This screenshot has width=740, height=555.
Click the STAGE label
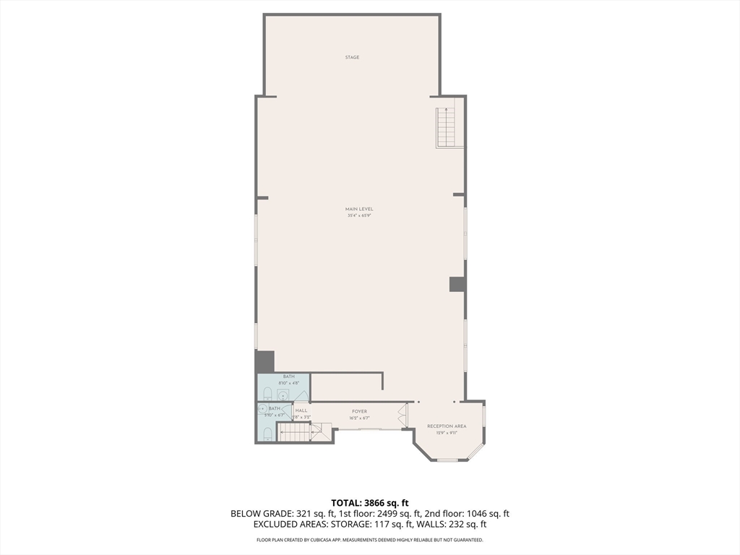[352, 57]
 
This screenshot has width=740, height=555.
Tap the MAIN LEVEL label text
[359, 209]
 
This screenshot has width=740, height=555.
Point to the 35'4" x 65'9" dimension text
[359, 215]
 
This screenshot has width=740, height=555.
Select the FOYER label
[359, 411]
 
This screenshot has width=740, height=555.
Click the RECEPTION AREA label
[447, 426]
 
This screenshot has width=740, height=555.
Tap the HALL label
[301, 410]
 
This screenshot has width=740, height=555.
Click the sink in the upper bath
[282, 395]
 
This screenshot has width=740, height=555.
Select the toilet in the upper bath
[267, 394]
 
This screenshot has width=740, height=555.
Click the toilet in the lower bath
[267, 434]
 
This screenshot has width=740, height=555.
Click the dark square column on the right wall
[457, 284]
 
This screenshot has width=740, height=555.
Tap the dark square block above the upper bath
[265, 361]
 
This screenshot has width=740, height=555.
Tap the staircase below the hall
[296, 432]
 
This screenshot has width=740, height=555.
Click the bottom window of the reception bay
[448, 460]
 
